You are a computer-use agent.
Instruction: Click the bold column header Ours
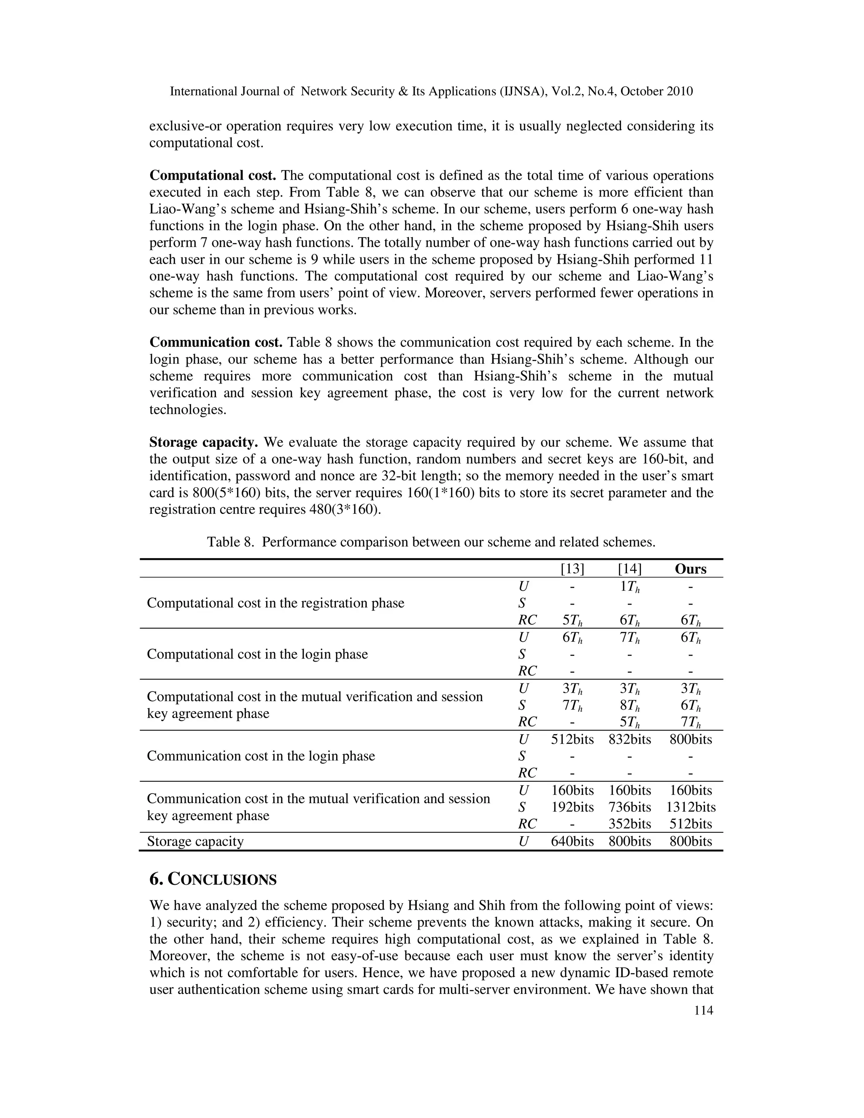[691, 569]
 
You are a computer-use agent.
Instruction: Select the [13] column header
[572, 569]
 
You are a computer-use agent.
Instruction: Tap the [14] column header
[629, 569]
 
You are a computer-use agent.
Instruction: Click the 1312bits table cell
[691, 807]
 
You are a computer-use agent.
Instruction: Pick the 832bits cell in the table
[629, 739]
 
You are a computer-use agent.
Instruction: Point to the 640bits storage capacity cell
[572, 842]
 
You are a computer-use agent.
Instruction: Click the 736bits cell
[629, 807]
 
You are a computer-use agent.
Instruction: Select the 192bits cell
[572, 807]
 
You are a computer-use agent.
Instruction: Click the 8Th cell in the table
[629, 705]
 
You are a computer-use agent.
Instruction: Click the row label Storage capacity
[195, 842]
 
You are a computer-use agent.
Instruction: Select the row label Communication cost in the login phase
[261, 756]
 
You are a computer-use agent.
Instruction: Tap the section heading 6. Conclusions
[213, 880]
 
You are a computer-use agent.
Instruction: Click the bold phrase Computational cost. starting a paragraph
[213, 176]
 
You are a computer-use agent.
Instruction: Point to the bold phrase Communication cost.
[216, 343]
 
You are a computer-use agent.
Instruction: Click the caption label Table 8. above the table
[230, 542]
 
